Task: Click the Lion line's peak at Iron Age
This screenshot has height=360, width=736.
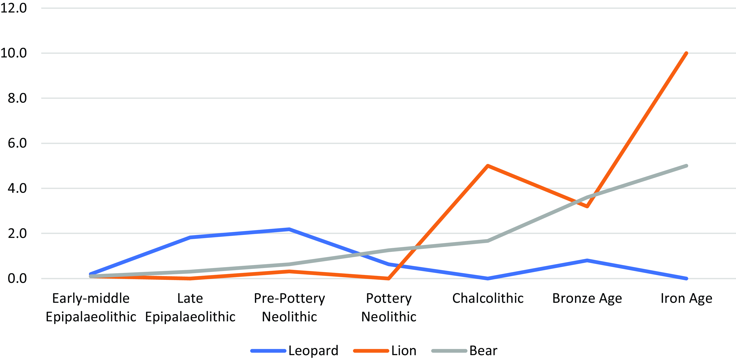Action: [686, 54]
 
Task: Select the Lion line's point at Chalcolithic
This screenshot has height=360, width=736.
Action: [488, 166]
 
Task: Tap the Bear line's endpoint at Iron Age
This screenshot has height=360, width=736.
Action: [686, 166]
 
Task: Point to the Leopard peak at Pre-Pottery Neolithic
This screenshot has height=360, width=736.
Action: [289, 229]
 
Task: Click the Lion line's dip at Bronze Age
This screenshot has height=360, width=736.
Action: [587, 206]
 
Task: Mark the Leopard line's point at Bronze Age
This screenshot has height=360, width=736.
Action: [587, 260]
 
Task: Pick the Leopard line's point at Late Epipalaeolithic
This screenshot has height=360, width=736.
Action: [190, 237]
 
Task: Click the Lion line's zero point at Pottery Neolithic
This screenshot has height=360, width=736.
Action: [389, 278]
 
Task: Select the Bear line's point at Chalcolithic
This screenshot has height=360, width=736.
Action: [488, 241]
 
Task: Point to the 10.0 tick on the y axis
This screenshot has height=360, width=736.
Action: [13, 53]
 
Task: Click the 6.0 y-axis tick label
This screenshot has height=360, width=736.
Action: [17, 143]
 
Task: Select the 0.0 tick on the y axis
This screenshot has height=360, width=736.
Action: [17, 278]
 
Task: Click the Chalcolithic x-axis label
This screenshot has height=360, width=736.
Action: [488, 298]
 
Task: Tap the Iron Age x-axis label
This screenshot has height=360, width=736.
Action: [686, 298]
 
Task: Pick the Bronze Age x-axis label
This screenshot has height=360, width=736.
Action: [587, 298]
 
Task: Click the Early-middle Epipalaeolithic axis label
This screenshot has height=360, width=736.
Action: [91, 307]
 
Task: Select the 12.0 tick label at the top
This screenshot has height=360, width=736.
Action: [13, 8]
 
